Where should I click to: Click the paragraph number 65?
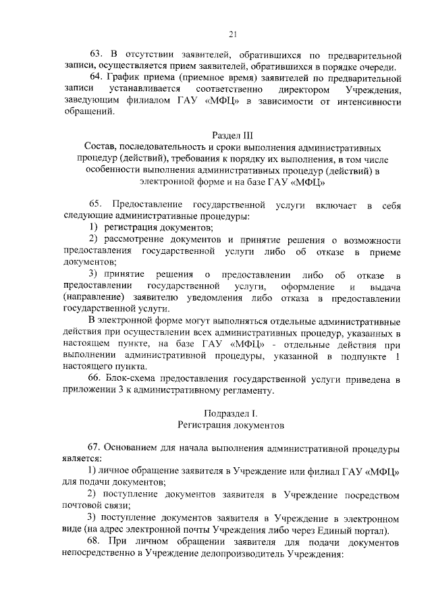pos(96,205)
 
